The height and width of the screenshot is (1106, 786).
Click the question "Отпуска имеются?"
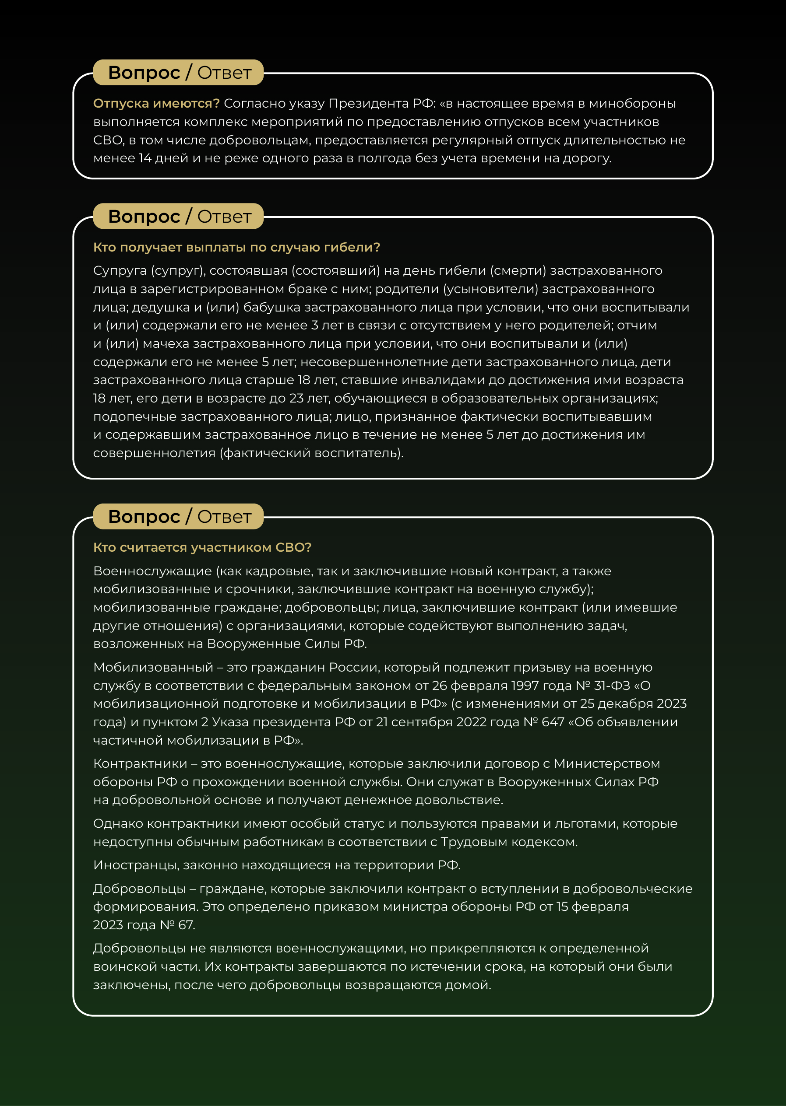click(x=156, y=104)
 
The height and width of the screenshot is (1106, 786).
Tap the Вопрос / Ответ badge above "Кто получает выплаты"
click(x=179, y=216)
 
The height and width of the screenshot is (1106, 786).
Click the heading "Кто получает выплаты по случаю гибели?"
click(x=236, y=247)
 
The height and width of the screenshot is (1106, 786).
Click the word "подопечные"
click(x=134, y=417)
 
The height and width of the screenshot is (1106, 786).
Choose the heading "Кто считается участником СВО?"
click(x=202, y=547)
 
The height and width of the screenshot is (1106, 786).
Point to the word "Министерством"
click(x=606, y=763)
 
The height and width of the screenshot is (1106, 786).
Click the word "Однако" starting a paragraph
click(x=118, y=823)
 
